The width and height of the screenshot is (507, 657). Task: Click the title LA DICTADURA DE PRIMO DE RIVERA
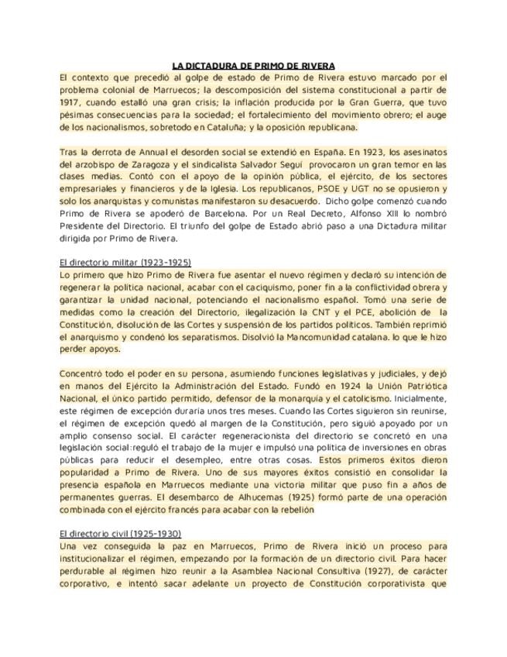click(253, 67)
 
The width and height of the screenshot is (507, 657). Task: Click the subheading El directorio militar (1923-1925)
click(125, 263)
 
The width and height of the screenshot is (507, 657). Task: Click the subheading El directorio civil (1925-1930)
click(120, 535)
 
